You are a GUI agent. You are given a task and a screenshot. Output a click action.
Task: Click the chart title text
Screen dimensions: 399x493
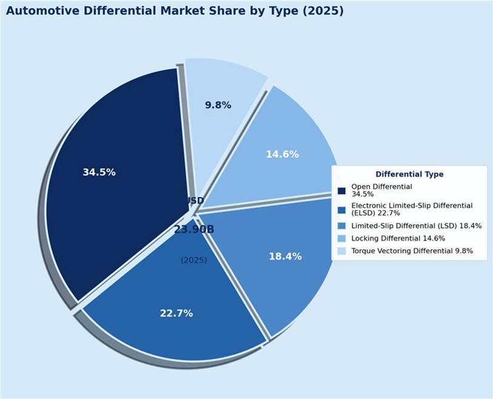click(174, 11)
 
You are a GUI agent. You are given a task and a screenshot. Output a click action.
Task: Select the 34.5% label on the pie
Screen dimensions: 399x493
click(99, 172)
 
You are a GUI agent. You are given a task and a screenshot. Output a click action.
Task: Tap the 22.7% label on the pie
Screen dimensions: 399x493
click(176, 313)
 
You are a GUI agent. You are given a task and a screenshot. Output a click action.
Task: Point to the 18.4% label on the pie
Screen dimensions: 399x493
click(285, 256)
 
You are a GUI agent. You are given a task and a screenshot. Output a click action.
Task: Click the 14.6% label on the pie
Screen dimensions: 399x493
click(282, 154)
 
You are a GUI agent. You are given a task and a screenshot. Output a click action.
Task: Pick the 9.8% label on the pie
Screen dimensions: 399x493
click(218, 105)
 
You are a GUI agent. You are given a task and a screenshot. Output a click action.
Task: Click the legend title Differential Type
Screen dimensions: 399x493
click(409, 174)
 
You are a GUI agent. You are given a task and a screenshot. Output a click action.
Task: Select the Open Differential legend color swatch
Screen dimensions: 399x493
click(342, 191)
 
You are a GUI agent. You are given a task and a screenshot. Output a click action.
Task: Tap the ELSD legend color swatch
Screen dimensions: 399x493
click(342, 210)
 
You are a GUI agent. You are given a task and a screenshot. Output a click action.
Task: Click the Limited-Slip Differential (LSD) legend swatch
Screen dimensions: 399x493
click(342, 226)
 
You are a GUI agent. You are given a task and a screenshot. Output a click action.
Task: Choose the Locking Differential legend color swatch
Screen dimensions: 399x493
click(342, 238)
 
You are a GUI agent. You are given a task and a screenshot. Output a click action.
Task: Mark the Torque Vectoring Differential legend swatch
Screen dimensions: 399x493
click(342, 251)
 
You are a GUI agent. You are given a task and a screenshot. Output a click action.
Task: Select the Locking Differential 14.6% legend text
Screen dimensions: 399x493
click(398, 238)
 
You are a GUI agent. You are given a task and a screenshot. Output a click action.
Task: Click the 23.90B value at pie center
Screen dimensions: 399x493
click(194, 230)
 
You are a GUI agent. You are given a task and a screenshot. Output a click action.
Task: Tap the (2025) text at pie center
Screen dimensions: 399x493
click(194, 260)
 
